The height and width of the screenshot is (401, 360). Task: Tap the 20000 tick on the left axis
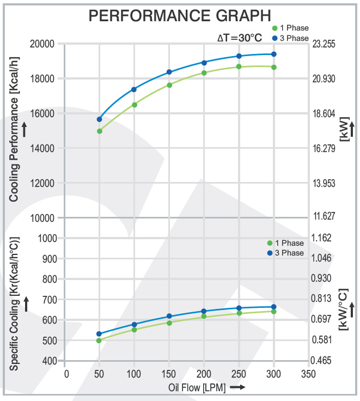pos(42,44)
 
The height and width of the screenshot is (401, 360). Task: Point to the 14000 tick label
pos(42,148)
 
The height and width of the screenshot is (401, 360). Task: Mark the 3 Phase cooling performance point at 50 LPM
pos(100,119)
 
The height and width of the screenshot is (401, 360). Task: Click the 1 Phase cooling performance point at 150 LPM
pos(169,85)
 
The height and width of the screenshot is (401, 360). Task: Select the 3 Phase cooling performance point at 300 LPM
pos(274,54)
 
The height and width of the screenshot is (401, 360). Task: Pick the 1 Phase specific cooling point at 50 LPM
pos(99,341)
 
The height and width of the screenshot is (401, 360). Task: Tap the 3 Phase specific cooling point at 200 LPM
pos(204,311)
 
